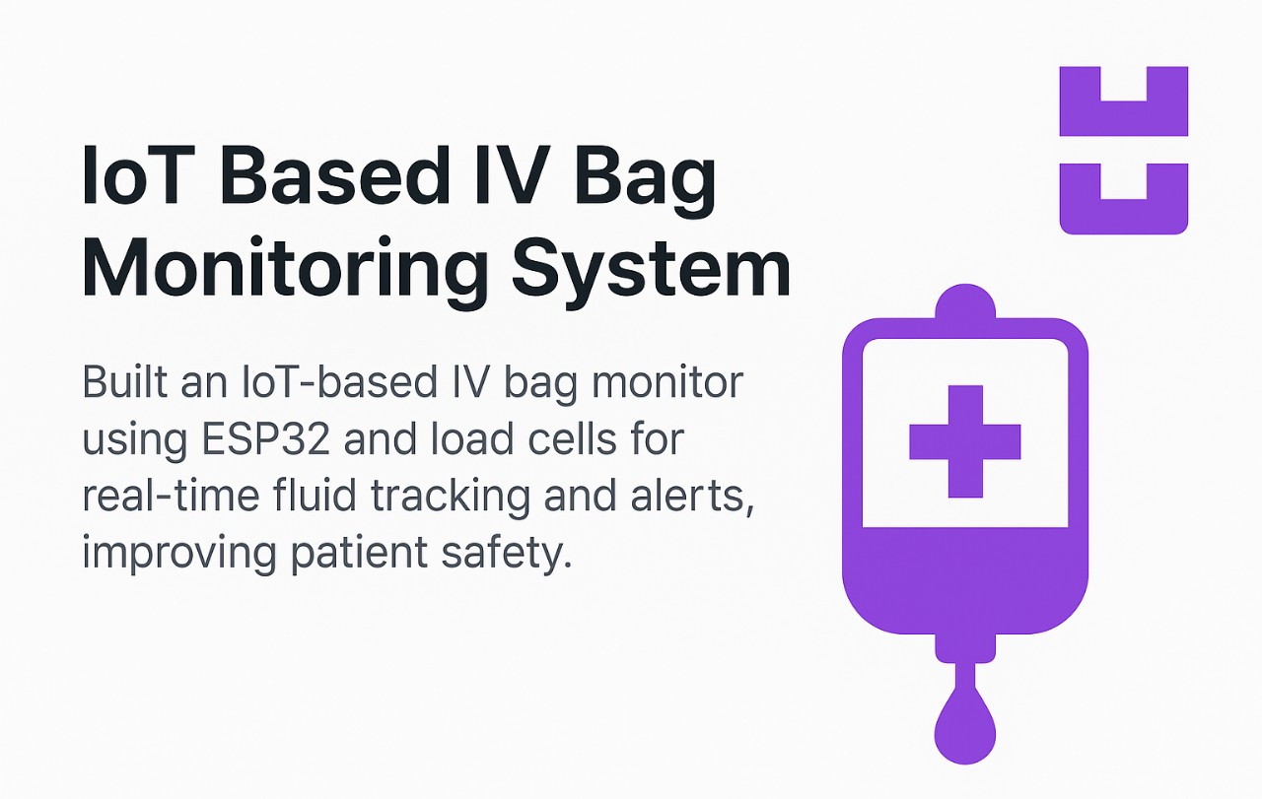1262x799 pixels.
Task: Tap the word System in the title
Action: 653,268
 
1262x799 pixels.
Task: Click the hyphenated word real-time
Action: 174,495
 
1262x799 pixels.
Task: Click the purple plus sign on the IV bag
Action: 964,440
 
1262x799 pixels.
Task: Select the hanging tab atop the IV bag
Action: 964,300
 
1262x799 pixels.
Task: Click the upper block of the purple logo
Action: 1123,114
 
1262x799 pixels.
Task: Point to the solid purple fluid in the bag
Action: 964,586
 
